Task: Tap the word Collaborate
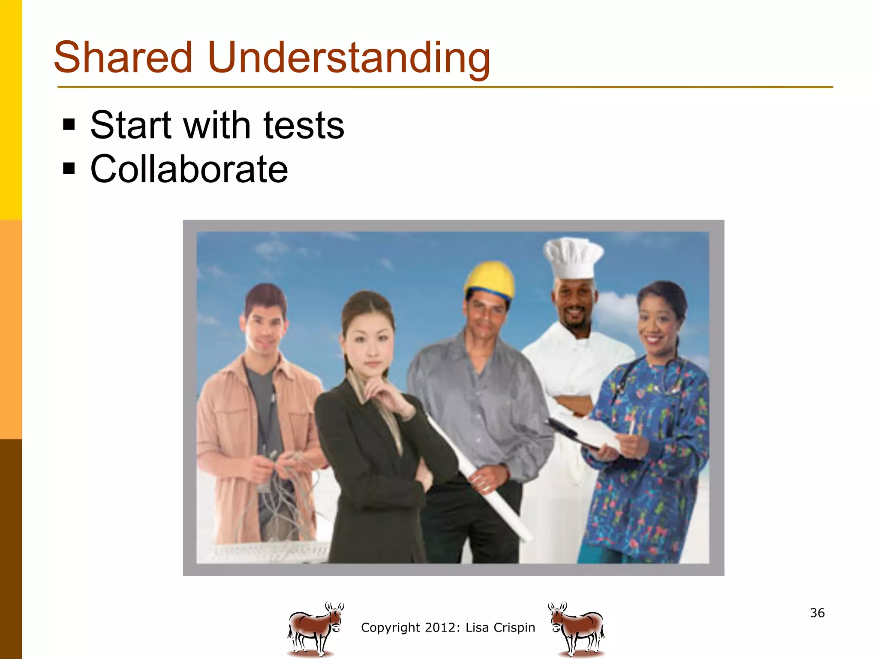coord(189,169)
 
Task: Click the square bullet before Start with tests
coord(69,125)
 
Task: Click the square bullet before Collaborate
coord(69,168)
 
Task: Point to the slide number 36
coord(817,613)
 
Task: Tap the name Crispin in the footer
coord(514,627)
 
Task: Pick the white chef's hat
coord(573,257)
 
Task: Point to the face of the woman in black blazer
coord(369,339)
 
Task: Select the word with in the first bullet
coord(216,125)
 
